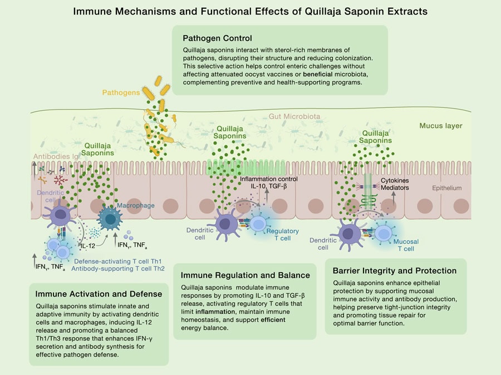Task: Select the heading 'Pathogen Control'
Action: click(x=218, y=38)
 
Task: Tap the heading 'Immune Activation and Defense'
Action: click(x=99, y=294)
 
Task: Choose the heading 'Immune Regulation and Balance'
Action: click(x=245, y=275)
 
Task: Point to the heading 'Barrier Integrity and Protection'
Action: click(x=395, y=270)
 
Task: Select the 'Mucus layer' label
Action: click(x=441, y=126)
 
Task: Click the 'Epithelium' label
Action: click(x=447, y=188)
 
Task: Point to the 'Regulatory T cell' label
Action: click(x=283, y=234)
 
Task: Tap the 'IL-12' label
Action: click(x=87, y=245)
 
